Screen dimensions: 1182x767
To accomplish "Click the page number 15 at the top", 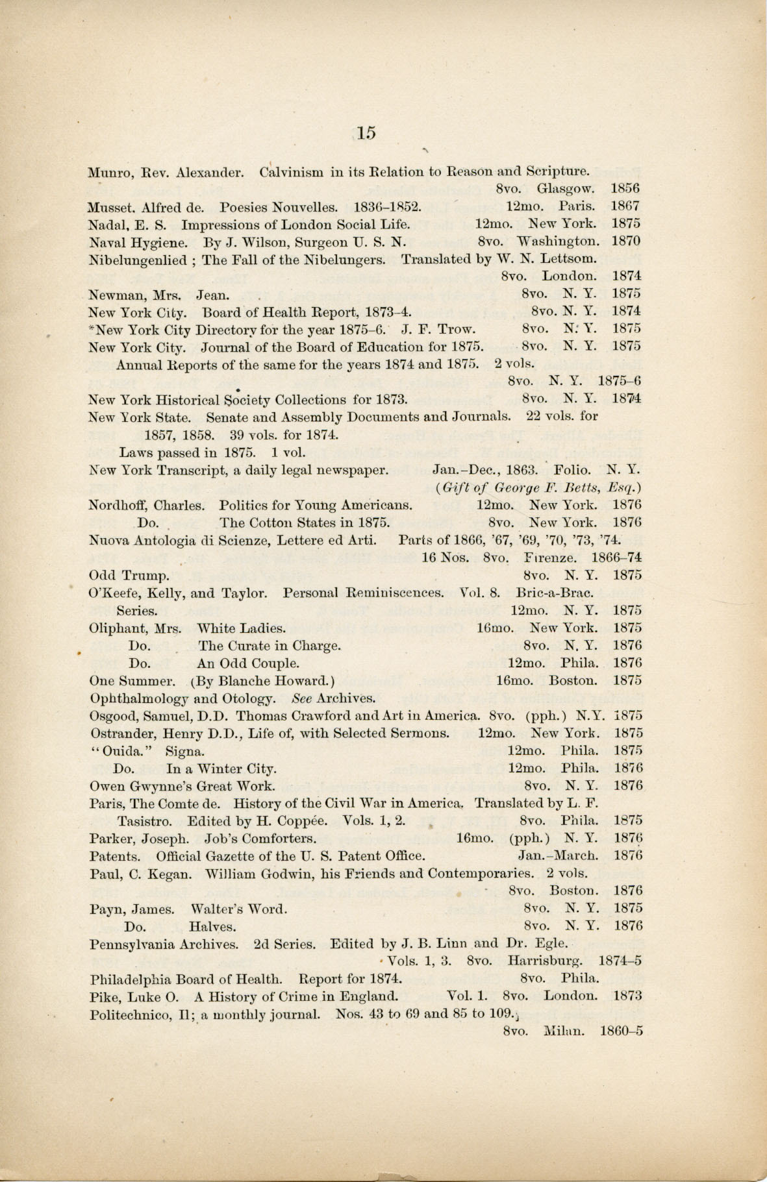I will click(365, 132).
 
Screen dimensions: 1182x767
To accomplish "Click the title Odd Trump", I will click(129, 575).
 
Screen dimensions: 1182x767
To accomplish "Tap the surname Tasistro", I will click(148, 821).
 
